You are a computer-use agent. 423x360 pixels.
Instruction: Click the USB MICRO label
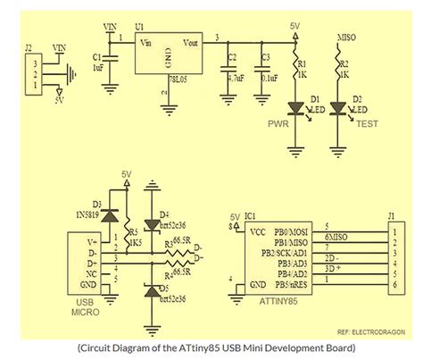point(86,308)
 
